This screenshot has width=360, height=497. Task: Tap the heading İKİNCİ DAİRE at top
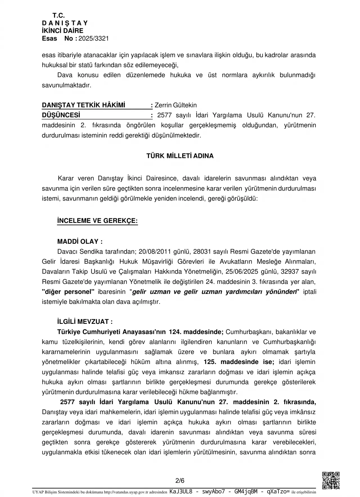click(x=62, y=31)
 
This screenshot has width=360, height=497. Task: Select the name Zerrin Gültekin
click(x=175, y=105)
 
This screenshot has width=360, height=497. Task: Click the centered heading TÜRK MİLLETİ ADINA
click(x=180, y=156)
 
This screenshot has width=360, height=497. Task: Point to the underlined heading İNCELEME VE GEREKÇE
click(x=97, y=221)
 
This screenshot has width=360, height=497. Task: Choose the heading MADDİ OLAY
click(x=80, y=241)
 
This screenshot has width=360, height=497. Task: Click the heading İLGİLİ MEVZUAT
click(x=85, y=322)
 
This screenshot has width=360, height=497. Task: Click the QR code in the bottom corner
click(x=331, y=480)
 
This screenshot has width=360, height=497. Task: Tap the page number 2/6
click(x=180, y=480)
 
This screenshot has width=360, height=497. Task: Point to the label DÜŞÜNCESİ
click(x=61, y=115)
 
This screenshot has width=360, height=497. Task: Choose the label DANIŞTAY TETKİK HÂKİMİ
click(x=84, y=105)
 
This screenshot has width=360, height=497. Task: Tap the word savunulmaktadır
click(x=67, y=85)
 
